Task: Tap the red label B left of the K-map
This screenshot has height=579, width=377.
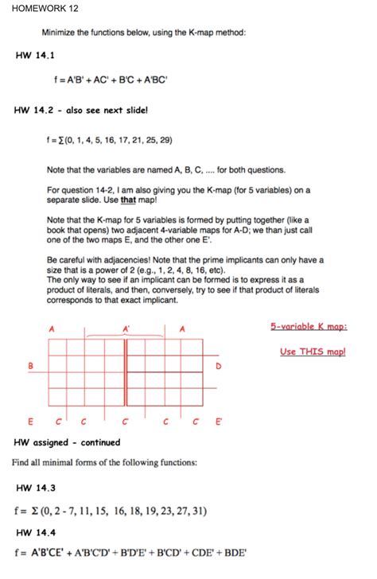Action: click(31, 365)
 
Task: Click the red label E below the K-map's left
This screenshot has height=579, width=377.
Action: click(31, 422)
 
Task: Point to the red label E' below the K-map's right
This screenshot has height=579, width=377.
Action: click(218, 422)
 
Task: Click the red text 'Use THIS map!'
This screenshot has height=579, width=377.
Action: click(313, 351)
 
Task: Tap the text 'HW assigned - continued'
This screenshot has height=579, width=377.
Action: click(67, 442)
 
